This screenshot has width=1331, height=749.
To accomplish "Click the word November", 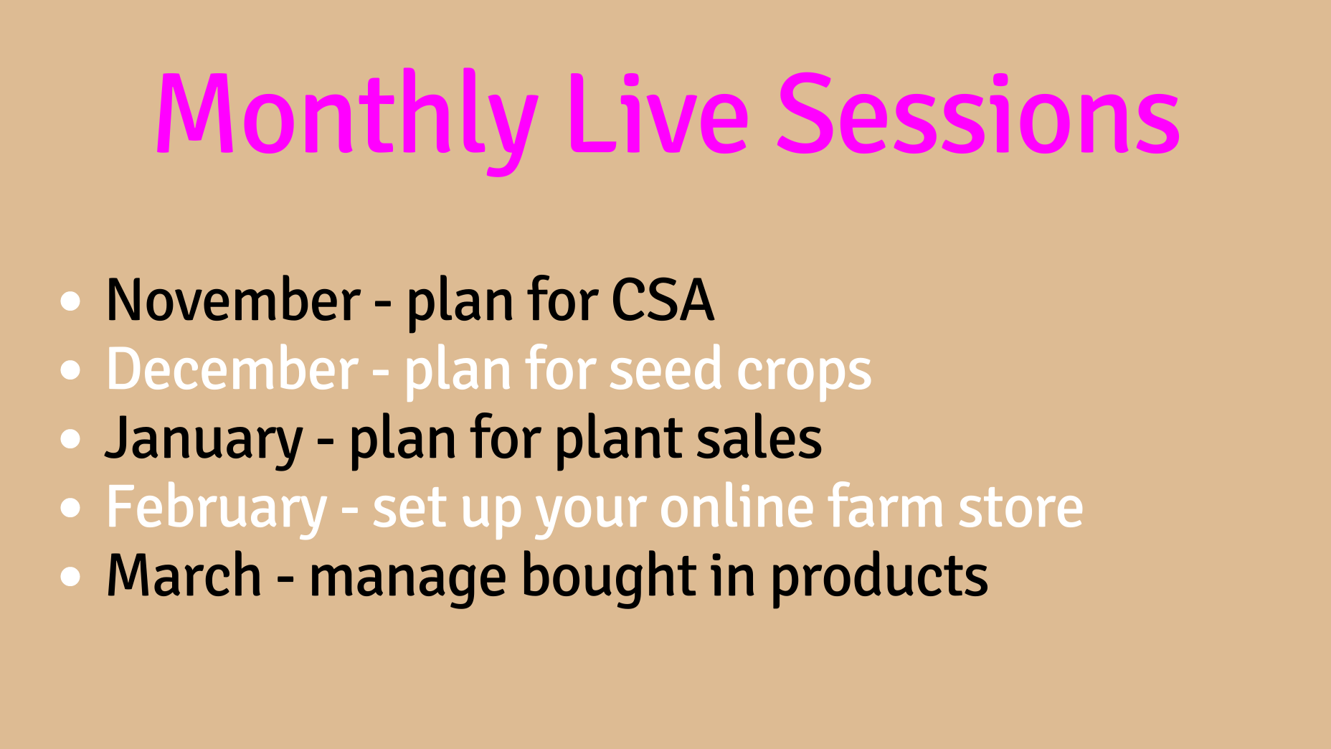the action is (233, 300).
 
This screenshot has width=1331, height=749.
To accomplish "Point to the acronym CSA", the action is (663, 300).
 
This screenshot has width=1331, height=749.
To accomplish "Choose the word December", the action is (232, 369).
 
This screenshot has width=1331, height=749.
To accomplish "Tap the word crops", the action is (804, 373).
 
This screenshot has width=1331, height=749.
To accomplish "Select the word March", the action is (184, 575).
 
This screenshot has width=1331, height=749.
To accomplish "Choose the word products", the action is (879, 580).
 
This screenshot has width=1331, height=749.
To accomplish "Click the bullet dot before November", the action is (70, 301).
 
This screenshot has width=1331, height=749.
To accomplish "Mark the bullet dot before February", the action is (70, 509).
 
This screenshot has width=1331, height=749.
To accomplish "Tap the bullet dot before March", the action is (70, 578).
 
